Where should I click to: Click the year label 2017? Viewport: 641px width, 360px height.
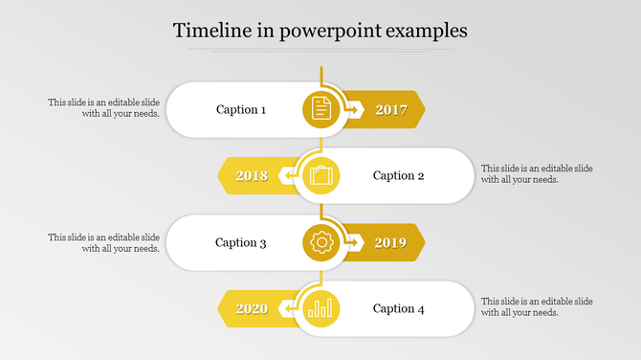tap(391, 109)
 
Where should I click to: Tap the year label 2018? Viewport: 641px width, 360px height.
tap(252, 176)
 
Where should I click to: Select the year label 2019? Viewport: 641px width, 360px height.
tap(391, 243)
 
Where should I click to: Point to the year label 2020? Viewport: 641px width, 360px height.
tap(252, 308)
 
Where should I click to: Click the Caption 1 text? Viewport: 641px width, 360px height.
tap(241, 109)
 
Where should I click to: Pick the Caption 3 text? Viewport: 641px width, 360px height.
tap(241, 242)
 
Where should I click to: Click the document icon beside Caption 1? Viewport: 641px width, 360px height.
tap(321, 109)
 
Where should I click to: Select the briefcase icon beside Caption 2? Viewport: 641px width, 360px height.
tap(321, 176)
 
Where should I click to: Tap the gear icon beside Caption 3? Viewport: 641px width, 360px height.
tap(321, 243)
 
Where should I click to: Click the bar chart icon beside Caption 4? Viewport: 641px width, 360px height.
tap(321, 308)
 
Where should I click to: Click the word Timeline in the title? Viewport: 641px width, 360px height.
tap(214, 31)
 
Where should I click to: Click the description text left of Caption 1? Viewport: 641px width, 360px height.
tap(104, 107)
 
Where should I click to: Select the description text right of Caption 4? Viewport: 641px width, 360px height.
tap(537, 306)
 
